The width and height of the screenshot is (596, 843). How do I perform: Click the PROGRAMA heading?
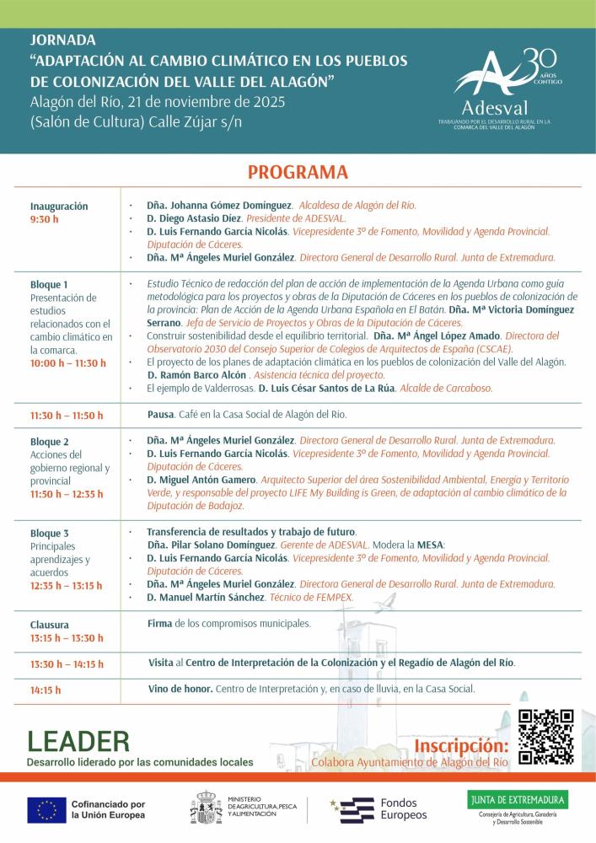[298, 172]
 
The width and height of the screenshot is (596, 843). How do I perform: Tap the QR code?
[545, 736]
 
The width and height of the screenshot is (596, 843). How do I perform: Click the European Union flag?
[46, 809]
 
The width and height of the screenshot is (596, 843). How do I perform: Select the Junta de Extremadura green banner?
[518, 798]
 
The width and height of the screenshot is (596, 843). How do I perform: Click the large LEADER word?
[78, 741]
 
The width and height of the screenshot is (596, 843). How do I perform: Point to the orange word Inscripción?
[461, 746]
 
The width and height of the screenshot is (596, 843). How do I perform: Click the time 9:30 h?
[45, 219]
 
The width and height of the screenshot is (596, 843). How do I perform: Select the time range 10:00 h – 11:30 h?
[68, 363]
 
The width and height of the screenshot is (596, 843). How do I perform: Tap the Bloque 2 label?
[50, 442]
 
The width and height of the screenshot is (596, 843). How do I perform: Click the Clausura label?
[50, 625]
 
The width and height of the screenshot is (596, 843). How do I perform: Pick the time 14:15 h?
[46, 690]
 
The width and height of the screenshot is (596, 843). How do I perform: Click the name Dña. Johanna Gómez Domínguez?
[219, 205]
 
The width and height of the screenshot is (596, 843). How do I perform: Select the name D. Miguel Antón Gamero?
[201, 479]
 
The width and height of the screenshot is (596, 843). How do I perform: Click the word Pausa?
[160, 415]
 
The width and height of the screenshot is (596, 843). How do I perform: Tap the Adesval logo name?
[495, 108]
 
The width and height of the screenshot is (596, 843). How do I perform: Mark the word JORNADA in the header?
[63, 40]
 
